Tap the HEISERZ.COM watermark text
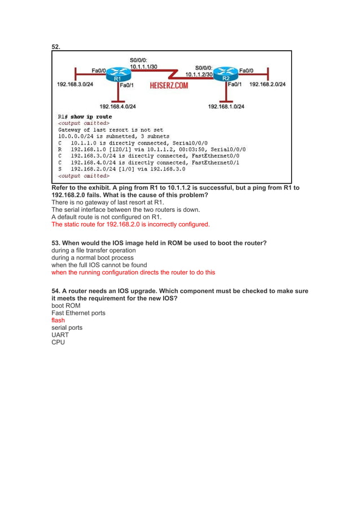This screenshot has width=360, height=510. (169, 86)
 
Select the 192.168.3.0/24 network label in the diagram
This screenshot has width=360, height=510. (75, 85)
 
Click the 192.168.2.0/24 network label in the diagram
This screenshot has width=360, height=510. (267, 85)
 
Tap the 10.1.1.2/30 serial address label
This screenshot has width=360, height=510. (199, 74)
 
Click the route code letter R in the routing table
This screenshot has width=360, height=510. (60, 149)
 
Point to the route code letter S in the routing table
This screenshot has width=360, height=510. (60, 168)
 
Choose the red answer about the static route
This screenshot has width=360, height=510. (130, 224)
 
